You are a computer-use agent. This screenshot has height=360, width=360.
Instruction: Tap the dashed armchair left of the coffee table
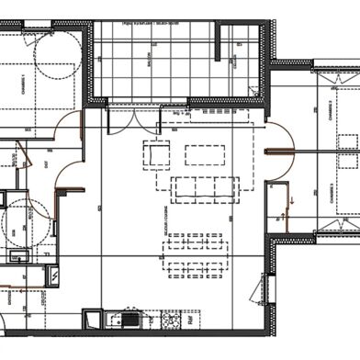157,153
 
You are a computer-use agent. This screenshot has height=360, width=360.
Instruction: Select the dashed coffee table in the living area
204,154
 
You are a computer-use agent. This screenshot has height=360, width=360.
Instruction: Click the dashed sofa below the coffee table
205,187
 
